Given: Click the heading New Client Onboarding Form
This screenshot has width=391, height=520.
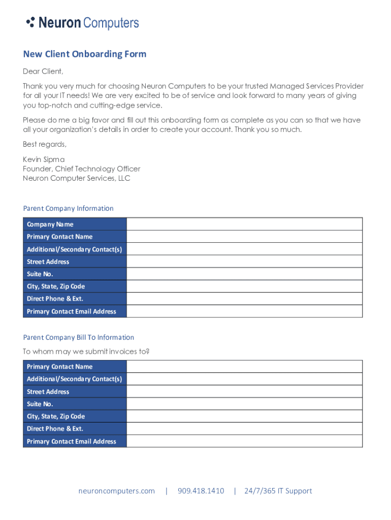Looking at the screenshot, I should point(84,54).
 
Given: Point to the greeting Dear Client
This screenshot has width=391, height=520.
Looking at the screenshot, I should point(43,72).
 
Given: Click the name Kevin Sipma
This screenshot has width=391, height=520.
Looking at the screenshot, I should point(44,159).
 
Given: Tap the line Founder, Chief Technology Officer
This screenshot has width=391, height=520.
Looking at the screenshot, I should point(81,169).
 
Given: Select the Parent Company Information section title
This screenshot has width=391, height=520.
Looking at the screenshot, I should point(68,208).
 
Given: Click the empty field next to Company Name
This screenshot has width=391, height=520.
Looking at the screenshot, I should point(244,224).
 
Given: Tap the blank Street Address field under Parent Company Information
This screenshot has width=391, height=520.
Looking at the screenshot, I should point(244,262).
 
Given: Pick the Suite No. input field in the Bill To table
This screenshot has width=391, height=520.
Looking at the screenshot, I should point(244,404).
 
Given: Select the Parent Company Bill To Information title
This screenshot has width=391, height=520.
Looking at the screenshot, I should point(78,337).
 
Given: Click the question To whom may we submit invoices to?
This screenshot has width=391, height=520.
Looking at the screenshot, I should point(86,351).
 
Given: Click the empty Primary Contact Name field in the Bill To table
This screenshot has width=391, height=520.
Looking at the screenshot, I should point(244,366).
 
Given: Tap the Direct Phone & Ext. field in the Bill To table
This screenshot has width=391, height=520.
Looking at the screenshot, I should point(244,429).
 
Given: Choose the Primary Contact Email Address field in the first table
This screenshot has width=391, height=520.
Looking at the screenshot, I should point(244,311).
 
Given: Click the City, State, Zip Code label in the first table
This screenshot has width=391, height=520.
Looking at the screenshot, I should point(56,286).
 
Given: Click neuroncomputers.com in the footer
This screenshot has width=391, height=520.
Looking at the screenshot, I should point(116,491).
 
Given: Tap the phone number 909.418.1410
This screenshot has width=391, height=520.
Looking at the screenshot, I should point(201,491).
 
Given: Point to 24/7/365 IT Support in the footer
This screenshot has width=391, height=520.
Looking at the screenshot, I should point(278,491).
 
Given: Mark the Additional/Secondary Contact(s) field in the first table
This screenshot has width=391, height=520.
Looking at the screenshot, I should point(244,249).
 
